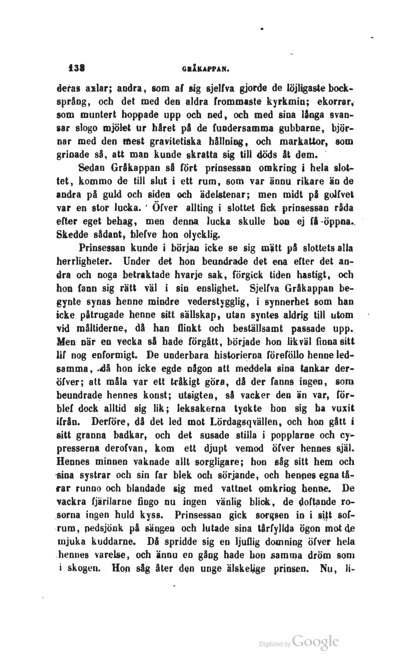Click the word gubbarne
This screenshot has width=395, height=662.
pos(303,128)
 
